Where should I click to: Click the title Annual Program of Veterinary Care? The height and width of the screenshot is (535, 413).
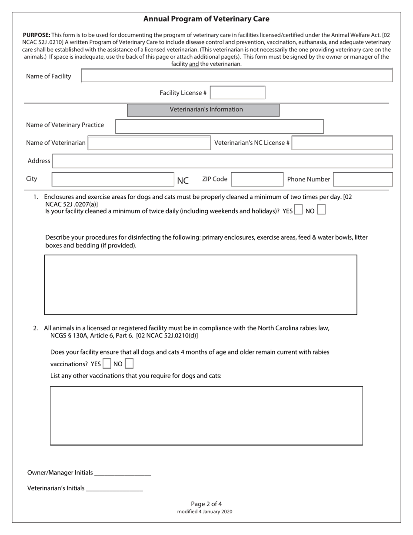(x=206, y=19)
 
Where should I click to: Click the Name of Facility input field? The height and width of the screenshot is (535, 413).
(x=236, y=76)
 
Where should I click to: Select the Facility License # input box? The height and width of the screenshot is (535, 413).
(x=237, y=93)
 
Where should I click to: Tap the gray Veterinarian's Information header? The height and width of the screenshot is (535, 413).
(x=203, y=110)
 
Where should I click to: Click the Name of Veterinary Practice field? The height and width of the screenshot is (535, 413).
(x=219, y=126)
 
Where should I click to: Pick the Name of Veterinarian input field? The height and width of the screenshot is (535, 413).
(x=149, y=143)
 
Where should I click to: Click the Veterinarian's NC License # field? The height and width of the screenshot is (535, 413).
(x=342, y=143)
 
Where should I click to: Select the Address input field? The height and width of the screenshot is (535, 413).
(x=222, y=161)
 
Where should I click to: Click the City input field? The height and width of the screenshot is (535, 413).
(x=113, y=179)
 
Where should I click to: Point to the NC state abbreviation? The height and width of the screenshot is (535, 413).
(x=183, y=181)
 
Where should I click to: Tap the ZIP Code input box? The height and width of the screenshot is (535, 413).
(x=257, y=179)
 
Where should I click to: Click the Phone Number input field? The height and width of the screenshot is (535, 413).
(x=363, y=179)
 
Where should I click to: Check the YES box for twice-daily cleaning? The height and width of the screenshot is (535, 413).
(x=298, y=210)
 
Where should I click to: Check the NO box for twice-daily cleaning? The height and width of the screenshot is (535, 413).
(x=321, y=210)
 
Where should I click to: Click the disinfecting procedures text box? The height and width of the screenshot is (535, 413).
(x=200, y=284)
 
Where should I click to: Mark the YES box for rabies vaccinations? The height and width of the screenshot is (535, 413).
(x=107, y=364)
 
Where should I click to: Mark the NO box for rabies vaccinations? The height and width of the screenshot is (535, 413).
(x=129, y=364)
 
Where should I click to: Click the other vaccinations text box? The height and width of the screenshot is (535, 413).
(x=206, y=415)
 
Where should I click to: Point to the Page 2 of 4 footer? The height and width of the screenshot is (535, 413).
(x=206, y=504)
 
